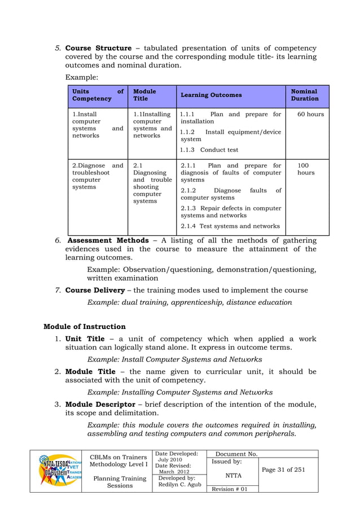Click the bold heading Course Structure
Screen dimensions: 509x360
pyautogui.click(x=98, y=48)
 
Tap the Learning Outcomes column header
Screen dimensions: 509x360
pyautogui.click(x=211, y=95)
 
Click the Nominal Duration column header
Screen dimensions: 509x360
pyautogui.click(x=304, y=95)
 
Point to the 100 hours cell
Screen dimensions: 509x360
pyautogui.click(x=306, y=169)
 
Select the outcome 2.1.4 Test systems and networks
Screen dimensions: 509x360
pyautogui.click(x=230, y=226)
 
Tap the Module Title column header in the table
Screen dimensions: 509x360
pyautogui.click(x=144, y=95)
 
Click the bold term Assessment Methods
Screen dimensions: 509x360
pyautogui.click(x=108, y=240)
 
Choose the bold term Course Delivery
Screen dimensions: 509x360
pyautogui.click(x=95, y=290)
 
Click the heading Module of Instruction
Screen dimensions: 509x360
pyautogui.click(x=85, y=326)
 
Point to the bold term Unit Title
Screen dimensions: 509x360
pyautogui.click(x=85, y=339)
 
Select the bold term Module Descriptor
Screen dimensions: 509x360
pyautogui.click(x=100, y=404)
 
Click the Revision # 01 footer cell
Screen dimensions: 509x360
pyautogui.click(x=229, y=488)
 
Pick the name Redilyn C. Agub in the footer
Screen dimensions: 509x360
pyautogui.click(x=179, y=485)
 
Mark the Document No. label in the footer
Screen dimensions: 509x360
pyautogui.click(x=237, y=454)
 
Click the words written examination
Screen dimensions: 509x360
pyautogui.click(x=122, y=278)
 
